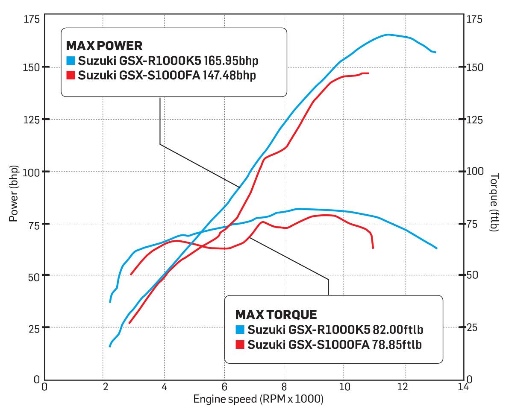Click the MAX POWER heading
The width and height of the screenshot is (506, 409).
tap(104, 46)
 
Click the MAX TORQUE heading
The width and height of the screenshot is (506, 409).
tap(276, 315)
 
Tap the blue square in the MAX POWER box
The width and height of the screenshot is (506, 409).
tap(71, 61)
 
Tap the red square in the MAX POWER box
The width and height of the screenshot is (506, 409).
tap(71, 75)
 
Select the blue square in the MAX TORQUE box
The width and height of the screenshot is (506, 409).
tap(240, 330)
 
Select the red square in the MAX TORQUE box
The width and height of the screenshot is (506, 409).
tap(240, 344)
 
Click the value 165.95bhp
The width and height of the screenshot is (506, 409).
tap(231, 61)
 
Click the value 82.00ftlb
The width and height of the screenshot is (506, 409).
tap(398, 330)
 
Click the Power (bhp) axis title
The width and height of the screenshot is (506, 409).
tap(13, 193)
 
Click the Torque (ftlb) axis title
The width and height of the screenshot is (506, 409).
tap(495, 202)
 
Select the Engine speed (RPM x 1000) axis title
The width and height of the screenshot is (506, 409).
tap(258, 399)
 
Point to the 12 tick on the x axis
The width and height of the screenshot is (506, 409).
tap(404, 387)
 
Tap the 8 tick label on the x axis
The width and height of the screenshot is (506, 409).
tap(284, 387)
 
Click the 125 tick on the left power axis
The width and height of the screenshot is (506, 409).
tap(31, 120)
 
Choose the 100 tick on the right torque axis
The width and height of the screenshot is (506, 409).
tap(475, 172)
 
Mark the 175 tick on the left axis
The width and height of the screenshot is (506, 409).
tap(31, 19)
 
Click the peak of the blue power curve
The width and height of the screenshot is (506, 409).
tap(388, 35)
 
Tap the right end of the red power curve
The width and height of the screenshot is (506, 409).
tap(368, 73)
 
